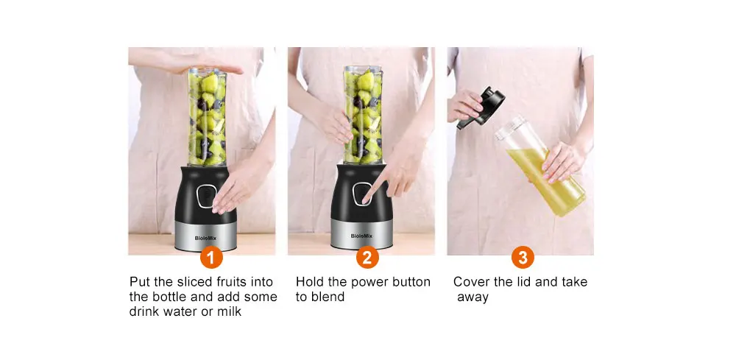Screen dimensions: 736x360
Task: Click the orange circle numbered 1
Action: [x=211, y=257]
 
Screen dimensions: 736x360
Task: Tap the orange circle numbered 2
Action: [x=367, y=257]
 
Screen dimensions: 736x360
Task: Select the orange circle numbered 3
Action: [x=523, y=257]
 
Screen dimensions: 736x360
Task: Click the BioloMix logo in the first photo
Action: [x=205, y=238]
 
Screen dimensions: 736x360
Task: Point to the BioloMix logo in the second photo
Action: [x=361, y=236]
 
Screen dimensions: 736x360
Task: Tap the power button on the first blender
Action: [x=206, y=196]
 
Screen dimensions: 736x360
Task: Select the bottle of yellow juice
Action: [x=539, y=166]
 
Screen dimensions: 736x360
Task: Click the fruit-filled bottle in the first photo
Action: [x=207, y=116]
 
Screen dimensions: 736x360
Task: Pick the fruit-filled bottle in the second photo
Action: [x=363, y=115]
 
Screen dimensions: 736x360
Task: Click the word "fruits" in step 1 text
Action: [x=230, y=282]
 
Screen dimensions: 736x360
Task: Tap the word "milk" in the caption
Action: [x=229, y=311]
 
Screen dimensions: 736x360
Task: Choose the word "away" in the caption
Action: [x=473, y=297]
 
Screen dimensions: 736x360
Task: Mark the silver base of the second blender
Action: [x=361, y=233]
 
